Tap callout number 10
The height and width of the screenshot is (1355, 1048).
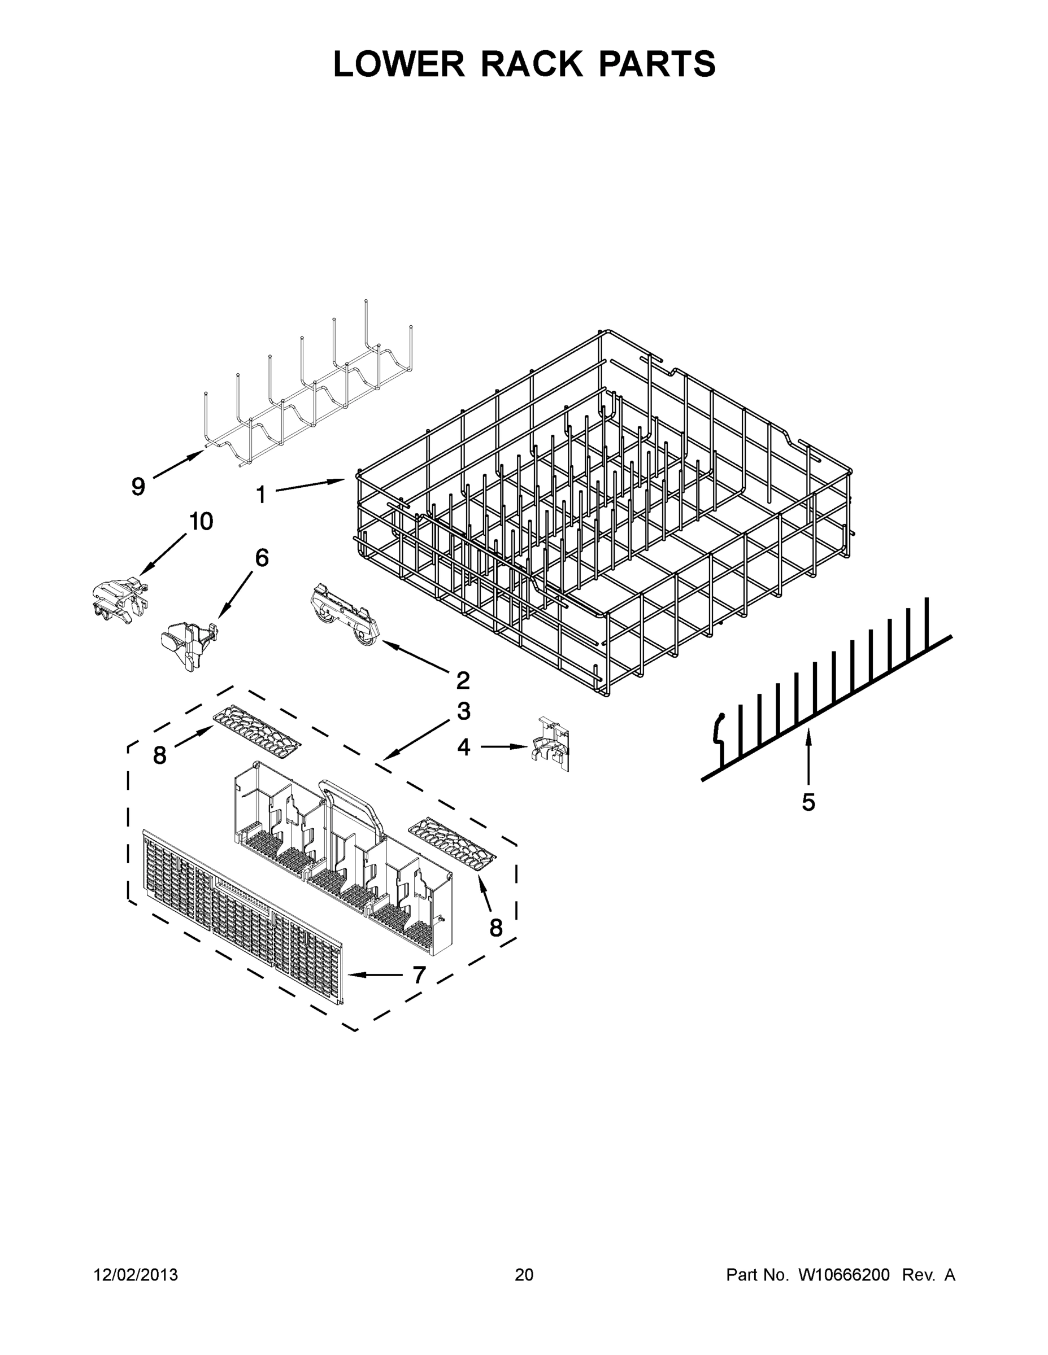[x=201, y=521]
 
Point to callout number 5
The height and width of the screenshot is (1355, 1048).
[x=808, y=802]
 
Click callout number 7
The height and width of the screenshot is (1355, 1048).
[x=419, y=975]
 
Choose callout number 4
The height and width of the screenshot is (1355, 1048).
[x=464, y=748]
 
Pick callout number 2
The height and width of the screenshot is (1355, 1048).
[x=463, y=680]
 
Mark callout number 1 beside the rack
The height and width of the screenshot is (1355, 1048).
[x=262, y=495]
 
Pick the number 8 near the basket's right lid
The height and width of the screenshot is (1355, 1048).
[x=495, y=928]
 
